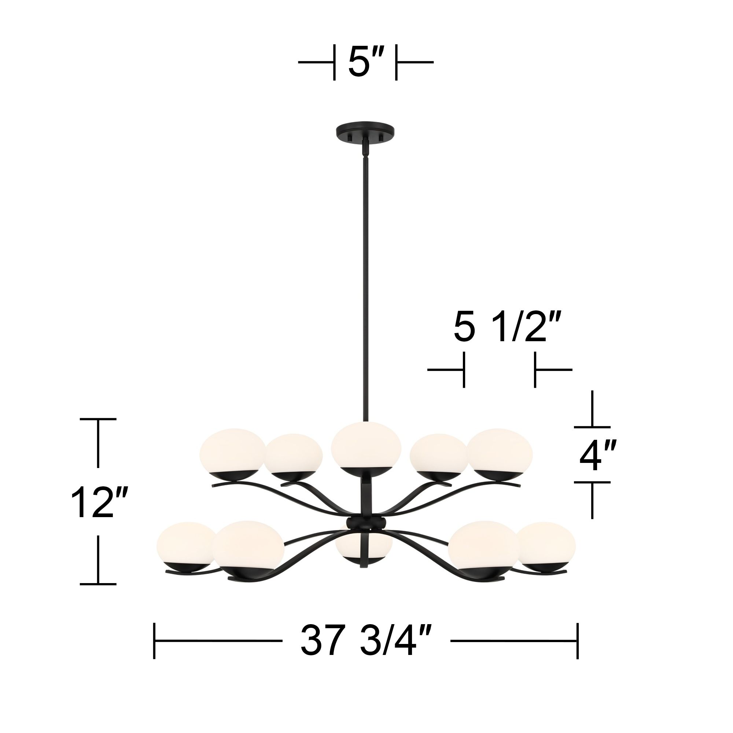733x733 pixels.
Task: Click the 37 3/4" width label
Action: click(366, 641)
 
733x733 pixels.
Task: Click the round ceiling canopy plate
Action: click(365, 132)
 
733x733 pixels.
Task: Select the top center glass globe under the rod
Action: click(366, 446)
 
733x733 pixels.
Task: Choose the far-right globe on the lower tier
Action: click(546, 545)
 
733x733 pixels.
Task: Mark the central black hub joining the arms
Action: click(366, 524)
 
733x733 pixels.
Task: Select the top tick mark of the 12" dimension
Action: click(98, 419)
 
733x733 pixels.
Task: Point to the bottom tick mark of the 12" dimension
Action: click(98, 584)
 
